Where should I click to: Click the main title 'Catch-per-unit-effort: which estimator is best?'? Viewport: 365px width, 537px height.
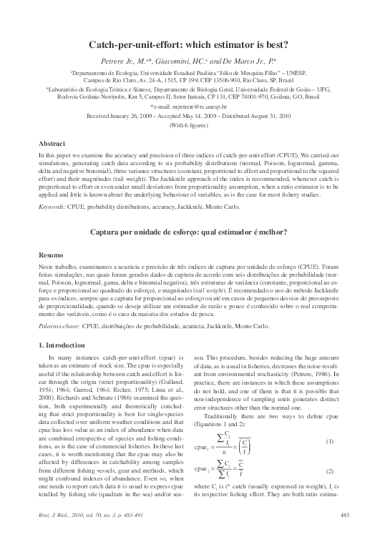[182, 44]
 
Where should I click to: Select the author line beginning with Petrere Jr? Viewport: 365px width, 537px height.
[182, 61]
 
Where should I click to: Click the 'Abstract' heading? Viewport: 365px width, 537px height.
[51, 144]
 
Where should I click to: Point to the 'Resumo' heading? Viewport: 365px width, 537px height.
[51, 255]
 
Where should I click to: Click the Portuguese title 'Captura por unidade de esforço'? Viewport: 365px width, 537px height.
[182, 232]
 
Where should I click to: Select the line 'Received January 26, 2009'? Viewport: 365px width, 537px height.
[182, 114]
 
